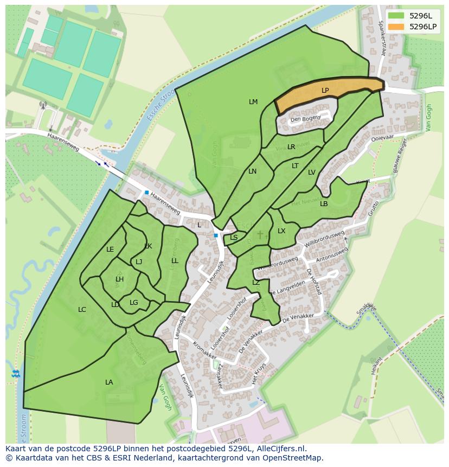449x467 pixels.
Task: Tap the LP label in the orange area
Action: [325, 91]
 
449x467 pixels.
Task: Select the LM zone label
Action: [253, 102]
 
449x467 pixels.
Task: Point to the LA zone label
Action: [109, 382]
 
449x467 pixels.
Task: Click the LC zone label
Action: [82, 310]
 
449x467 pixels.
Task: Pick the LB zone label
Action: [324, 204]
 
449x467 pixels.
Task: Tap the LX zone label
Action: [281, 231]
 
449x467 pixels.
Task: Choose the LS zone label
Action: [234, 238]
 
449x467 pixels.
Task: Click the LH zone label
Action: [119, 279]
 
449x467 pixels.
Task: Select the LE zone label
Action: [110, 250]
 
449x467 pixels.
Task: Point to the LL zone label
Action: [175, 261]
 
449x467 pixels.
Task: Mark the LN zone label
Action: [252, 171]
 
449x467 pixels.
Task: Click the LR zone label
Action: [291, 147]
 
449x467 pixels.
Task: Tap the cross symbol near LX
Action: [260, 234]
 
